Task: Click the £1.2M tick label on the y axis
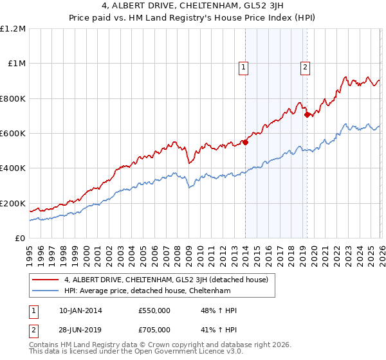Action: click(13, 29)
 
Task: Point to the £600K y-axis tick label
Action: click(13, 134)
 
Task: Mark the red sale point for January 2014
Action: click(245, 142)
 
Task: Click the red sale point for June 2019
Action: click(307, 115)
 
